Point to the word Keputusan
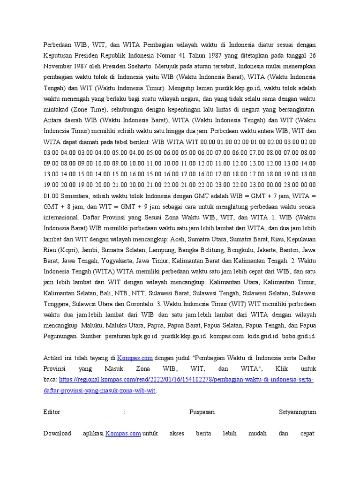click(60, 55)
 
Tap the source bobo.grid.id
click(298, 336)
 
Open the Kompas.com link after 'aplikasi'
click(123, 433)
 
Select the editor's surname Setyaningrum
click(297, 412)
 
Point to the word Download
click(57, 433)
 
